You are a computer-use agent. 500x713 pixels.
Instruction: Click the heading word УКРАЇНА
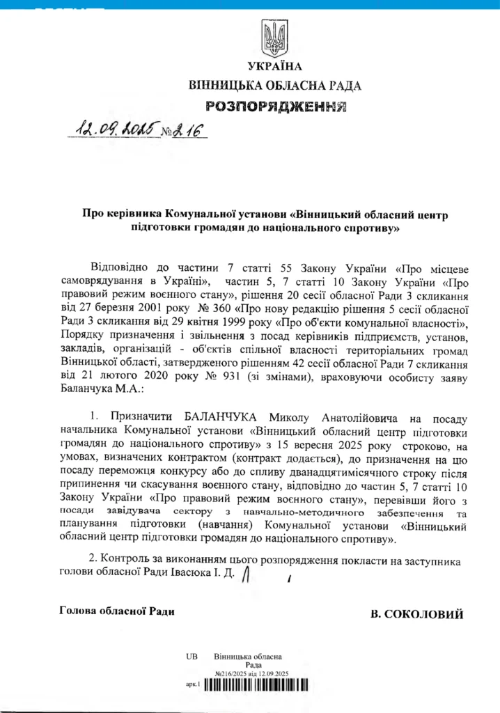click(x=275, y=67)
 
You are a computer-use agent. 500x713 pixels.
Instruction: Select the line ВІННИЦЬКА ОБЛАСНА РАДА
click(x=275, y=86)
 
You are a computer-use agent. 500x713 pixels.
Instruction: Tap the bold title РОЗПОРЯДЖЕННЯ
click(x=276, y=107)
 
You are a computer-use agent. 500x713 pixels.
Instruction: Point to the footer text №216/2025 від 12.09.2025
click(x=252, y=673)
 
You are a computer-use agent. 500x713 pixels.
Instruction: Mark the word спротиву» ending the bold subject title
click(x=368, y=228)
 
